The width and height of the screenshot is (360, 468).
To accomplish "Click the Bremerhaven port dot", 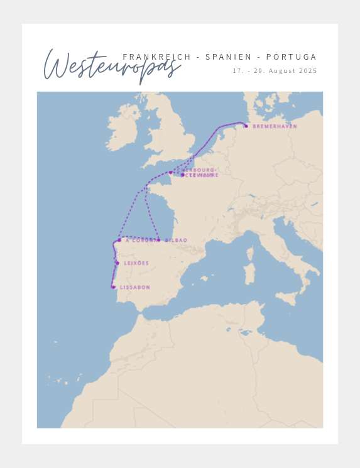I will pyautogui.click(x=246, y=126).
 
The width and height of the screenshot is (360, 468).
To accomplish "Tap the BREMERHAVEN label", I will pyautogui.click(x=275, y=126).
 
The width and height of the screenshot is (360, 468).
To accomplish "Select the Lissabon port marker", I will pyautogui.click(x=113, y=287).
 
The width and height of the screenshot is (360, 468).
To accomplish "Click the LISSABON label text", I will pyautogui.click(x=135, y=288).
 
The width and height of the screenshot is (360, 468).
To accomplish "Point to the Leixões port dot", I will pyautogui.click(x=117, y=263).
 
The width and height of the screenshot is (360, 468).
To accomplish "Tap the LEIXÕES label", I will pyautogui.click(x=136, y=263).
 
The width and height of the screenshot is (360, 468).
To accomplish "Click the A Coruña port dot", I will pyautogui.click(x=119, y=240).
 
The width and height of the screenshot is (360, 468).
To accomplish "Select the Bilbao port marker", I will pyautogui.click(x=158, y=240).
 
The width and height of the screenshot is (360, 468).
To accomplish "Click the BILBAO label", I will pyautogui.click(x=176, y=240).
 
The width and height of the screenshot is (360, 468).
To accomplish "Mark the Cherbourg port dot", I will pyautogui.click(x=170, y=172).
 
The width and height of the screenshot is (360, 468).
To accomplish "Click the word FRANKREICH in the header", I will pyautogui.click(x=157, y=57).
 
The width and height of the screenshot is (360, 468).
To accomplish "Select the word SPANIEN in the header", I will pyautogui.click(x=228, y=57).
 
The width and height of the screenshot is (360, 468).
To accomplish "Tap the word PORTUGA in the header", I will pyautogui.click(x=292, y=57).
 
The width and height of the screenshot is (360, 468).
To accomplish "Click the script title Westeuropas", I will pyautogui.click(x=110, y=67).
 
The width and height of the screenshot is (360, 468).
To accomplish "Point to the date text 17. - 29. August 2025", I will pyautogui.click(x=275, y=71).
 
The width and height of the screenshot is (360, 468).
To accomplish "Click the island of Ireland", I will pyautogui.click(x=123, y=129).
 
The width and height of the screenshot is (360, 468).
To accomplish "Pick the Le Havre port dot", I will pyautogui.click(x=183, y=175).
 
